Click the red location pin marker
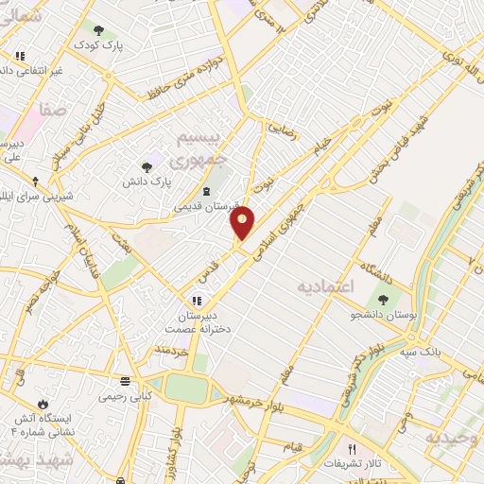pos(243,223)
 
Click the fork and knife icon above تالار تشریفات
pos(354,450)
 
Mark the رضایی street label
pos(284,129)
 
